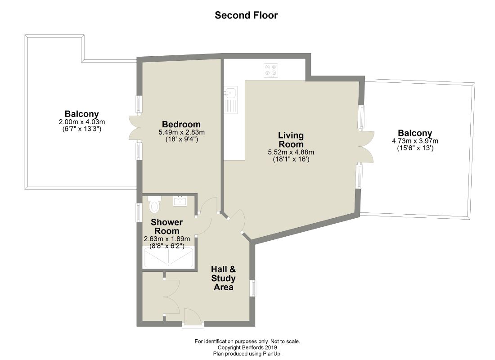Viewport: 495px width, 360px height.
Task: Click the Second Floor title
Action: click(x=246, y=15)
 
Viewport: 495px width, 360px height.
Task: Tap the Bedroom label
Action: click(x=181, y=124)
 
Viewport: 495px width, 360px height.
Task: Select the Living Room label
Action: click(x=291, y=139)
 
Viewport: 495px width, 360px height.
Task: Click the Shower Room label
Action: click(x=166, y=226)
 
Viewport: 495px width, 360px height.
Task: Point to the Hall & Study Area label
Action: click(x=224, y=278)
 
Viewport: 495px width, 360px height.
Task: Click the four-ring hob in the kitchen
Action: click(x=271, y=70)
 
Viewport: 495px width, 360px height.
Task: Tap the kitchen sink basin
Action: click(x=231, y=93)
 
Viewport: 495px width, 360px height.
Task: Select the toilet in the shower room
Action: click(x=154, y=204)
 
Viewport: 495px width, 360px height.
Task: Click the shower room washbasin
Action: click(x=180, y=201)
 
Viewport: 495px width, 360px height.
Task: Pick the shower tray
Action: click(x=168, y=258)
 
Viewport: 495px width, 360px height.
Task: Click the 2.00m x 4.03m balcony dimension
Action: click(x=82, y=122)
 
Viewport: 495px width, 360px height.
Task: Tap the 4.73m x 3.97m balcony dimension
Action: click(x=415, y=141)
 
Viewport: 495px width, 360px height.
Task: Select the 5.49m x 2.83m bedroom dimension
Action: click(x=181, y=132)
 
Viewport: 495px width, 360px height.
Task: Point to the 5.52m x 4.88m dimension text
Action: click(x=291, y=152)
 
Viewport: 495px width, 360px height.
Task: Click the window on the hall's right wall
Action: click(x=253, y=288)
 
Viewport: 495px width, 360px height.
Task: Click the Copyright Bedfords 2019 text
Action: click(x=247, y=348)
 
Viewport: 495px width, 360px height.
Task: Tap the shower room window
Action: click(x=139, y=212)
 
